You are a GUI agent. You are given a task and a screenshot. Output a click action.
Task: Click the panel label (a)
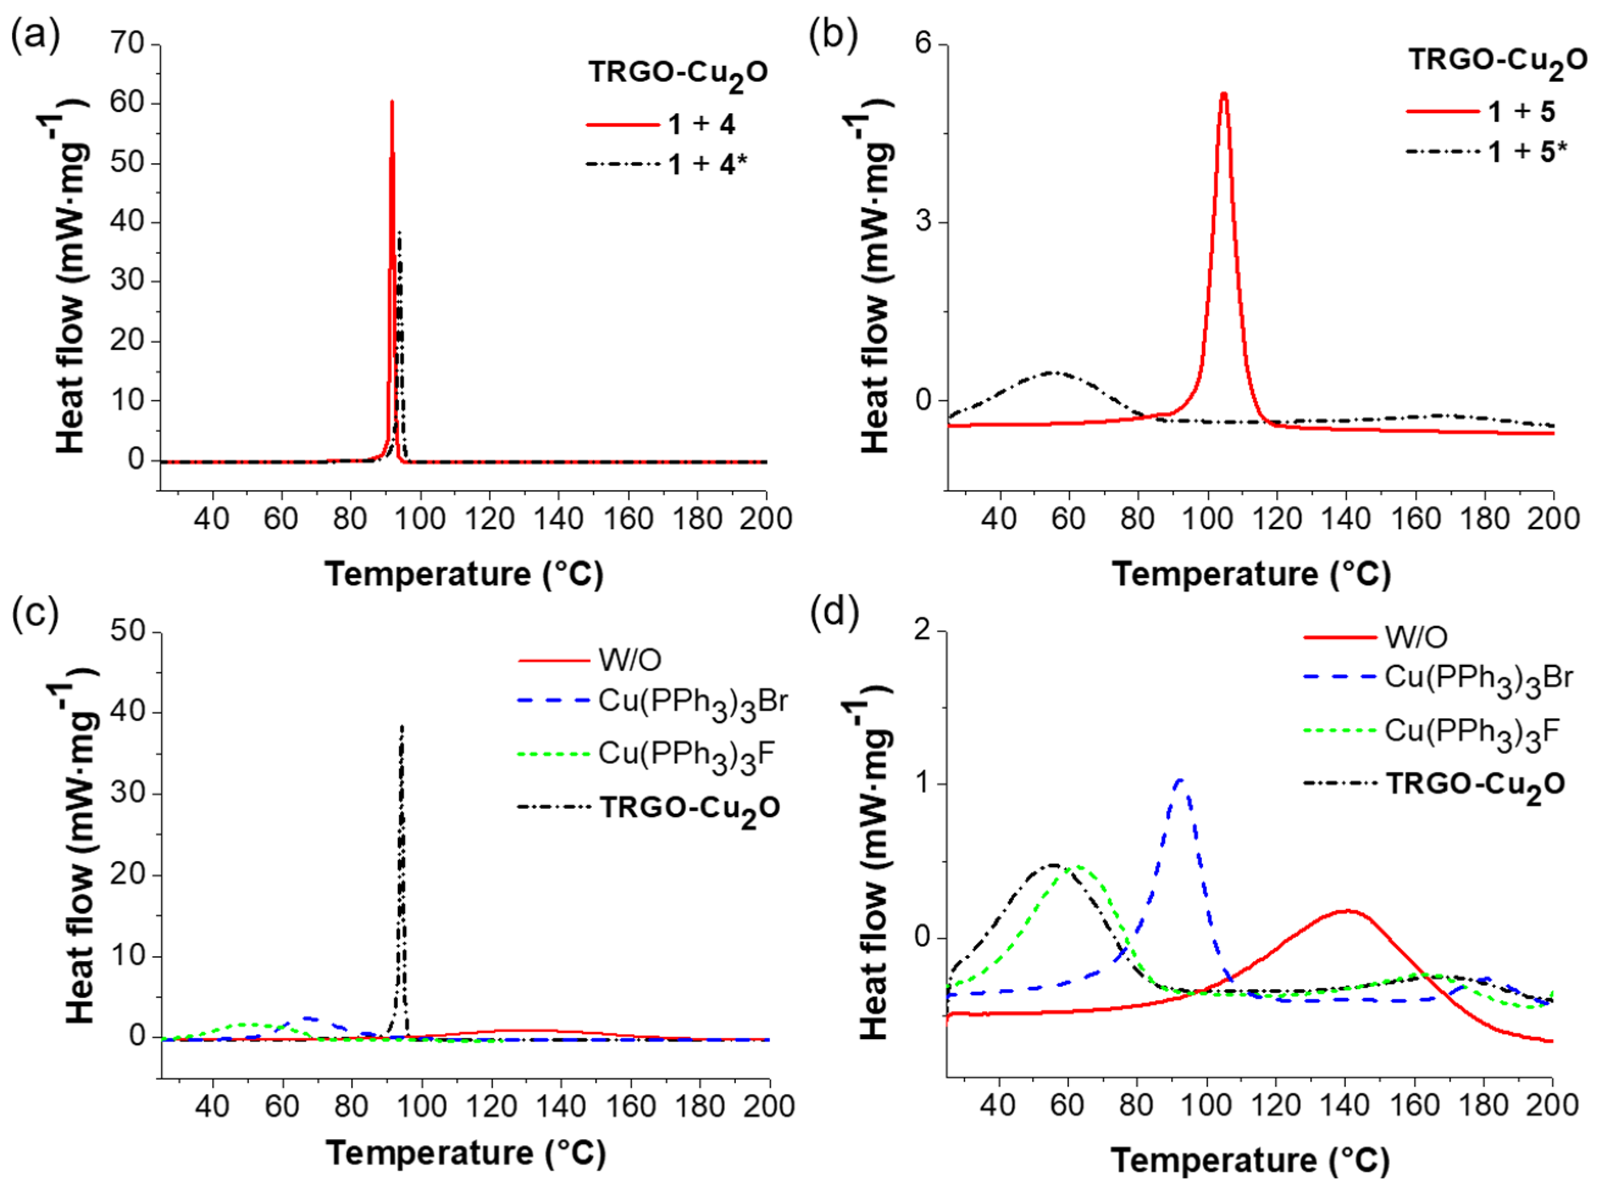click(x=35, y=36)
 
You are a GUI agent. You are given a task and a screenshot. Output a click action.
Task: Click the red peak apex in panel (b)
click(x=1224, y=94)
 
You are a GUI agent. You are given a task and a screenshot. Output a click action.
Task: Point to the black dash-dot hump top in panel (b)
click(x=1051, y=372)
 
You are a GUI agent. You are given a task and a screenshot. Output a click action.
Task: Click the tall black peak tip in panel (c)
click(x=402, y=726)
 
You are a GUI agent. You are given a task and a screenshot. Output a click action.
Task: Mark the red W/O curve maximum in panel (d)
click(x=1347, y=911)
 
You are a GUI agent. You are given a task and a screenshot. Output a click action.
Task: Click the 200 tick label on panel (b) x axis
click(x=1552, y=518)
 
